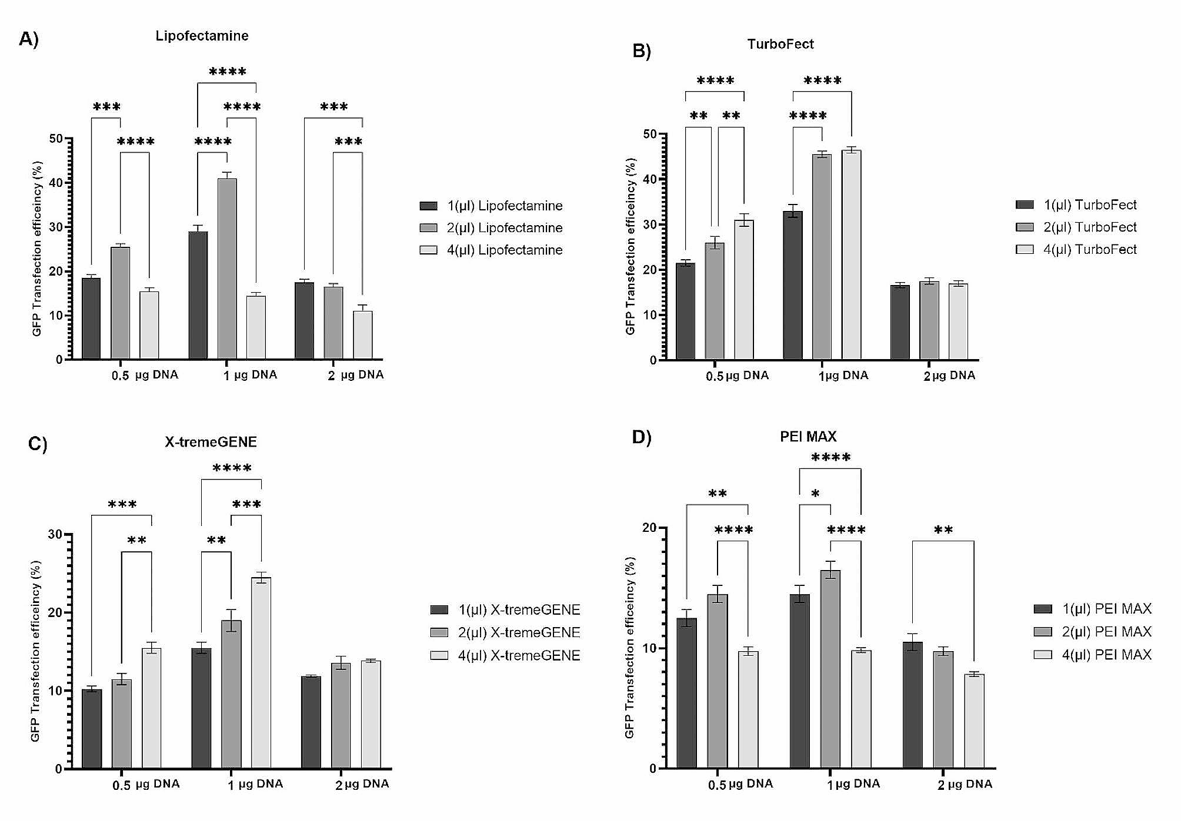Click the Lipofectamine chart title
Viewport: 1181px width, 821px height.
tap(202, 36)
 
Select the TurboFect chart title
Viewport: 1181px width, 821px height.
tap(780, 44)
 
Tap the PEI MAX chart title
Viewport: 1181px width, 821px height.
tap(808, 437)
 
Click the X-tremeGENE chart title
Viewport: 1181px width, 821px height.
tap(211, 442)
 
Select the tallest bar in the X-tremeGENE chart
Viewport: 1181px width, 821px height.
tap(261, 673)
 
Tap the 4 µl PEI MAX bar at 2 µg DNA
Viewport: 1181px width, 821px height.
tap(974, 721)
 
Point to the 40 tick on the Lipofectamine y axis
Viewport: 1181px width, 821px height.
tap(56, 183)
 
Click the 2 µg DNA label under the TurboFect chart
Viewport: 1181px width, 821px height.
tap(949, 376)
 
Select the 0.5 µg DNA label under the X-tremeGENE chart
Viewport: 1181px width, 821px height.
tap(146, 785)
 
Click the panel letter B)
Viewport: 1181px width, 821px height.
tap(642, 51)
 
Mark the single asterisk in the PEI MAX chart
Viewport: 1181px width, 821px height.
tap(815, 494)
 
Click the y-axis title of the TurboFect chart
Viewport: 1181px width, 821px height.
tap(630, 246)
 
